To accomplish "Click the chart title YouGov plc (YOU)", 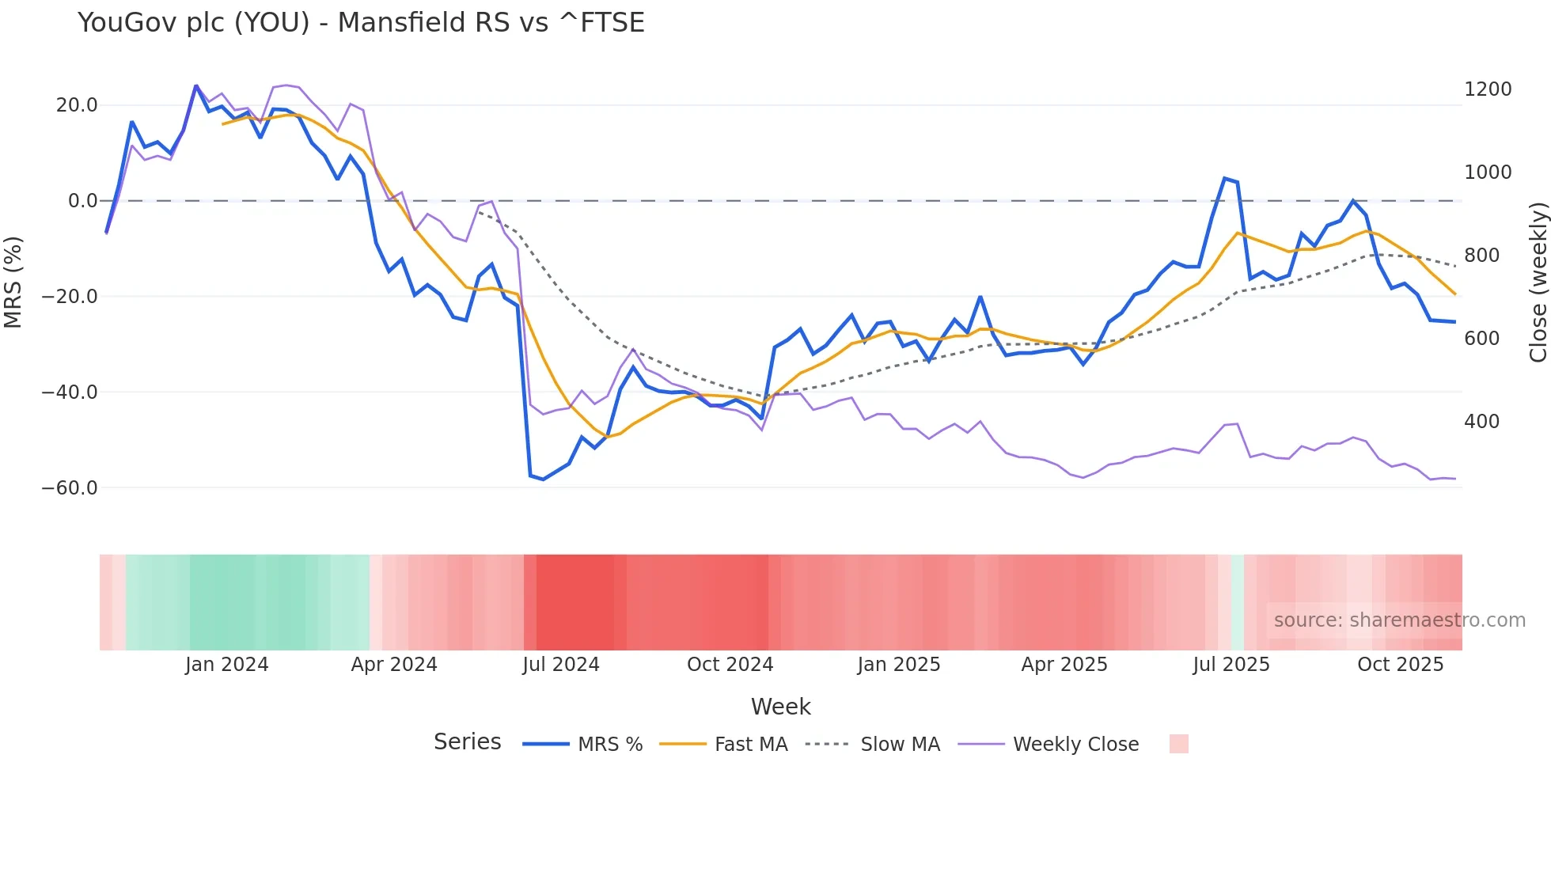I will [x=361, y=22].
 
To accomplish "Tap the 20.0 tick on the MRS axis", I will [x=77, y=105].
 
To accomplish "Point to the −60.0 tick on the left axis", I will [x=70, y=487].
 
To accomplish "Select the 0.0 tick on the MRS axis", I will [x=82, y=201].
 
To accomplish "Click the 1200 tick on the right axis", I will [x=1488, y=89].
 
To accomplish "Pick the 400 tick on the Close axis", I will [x=1481, y=422].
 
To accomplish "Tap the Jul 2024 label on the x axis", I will [x=560, y=665].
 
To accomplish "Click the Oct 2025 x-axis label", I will [x=1400, y=665].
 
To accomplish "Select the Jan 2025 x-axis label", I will [x=898, y=665].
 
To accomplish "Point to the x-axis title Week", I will [x=780, y=707].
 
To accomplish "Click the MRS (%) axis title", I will [x=13, y=282].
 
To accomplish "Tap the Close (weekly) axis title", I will [x=1538, y=282].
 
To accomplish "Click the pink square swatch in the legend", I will [x=1178, y=744].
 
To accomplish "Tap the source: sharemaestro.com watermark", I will [x=1399, y=620].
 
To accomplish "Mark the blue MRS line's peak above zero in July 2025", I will [x=1224, y=179].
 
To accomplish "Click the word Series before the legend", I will [x=467, y=742].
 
